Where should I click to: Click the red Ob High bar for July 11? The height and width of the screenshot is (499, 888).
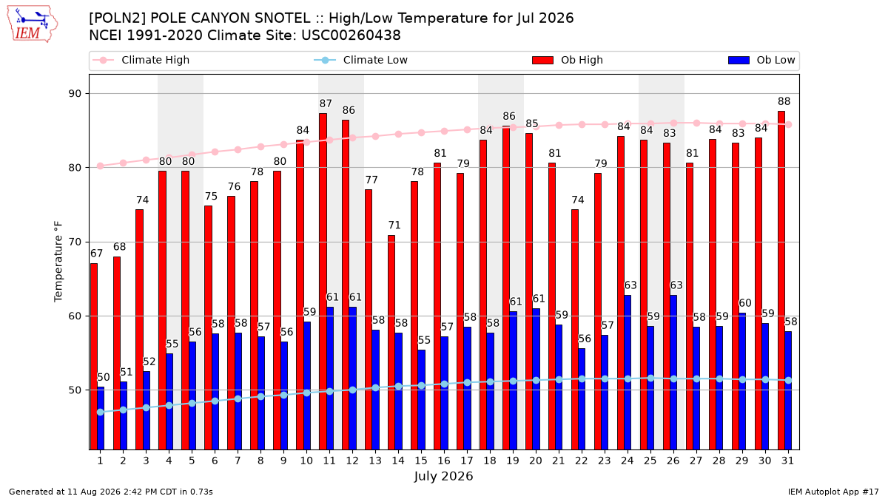[323, 282]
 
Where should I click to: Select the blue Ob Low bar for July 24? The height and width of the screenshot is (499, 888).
[628, 373]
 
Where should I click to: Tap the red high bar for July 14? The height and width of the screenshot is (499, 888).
[391, 342]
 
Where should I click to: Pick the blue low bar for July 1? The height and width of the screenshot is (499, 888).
[101, 418]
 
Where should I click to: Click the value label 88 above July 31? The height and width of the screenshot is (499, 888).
[784, 101]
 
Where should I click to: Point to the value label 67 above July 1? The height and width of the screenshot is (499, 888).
[96, 254]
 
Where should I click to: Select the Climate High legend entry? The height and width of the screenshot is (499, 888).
[141, 60]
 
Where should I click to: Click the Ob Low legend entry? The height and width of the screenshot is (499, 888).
[761, 60]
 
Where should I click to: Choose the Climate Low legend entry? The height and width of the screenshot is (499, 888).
[361, 60]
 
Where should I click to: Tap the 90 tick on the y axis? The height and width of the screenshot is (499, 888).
[75, 94]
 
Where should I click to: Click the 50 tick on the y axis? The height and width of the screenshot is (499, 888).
[75, 390]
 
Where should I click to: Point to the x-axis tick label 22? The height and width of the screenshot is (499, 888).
[581, 461]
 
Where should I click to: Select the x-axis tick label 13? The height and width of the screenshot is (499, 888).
[375, 461]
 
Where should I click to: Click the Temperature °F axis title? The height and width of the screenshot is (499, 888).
[58, 262]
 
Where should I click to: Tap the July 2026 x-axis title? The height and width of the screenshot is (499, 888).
[443, 476]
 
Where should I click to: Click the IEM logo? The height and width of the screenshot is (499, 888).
[33, 24]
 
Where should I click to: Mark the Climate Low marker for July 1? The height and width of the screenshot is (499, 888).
[101, 413]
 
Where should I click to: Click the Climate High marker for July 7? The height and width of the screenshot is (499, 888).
[238, 149]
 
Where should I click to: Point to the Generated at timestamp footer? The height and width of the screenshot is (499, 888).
[110, 492]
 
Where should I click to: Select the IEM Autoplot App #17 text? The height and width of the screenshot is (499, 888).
[833, 492]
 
